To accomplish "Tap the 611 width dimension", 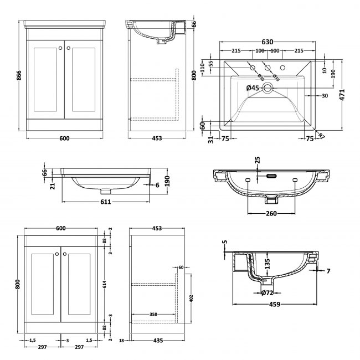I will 106,202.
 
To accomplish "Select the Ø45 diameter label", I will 253,88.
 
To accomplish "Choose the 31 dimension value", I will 210,140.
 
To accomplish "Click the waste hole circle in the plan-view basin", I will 268,88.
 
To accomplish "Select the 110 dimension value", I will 203,66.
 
